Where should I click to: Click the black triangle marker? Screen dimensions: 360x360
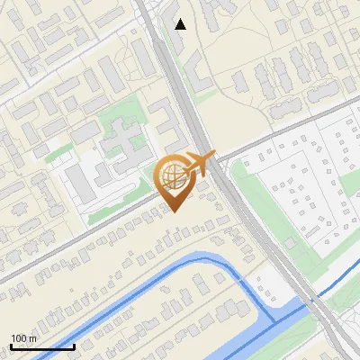click(181, 24)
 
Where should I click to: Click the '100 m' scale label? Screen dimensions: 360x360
click(23, 338)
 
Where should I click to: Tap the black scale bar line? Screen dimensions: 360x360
click(42, 346)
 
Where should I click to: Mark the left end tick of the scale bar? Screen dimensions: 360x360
click(11, 346)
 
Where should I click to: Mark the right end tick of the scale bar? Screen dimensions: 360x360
click(74, 346)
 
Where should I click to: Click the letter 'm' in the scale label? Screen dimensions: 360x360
click(32, 338)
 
